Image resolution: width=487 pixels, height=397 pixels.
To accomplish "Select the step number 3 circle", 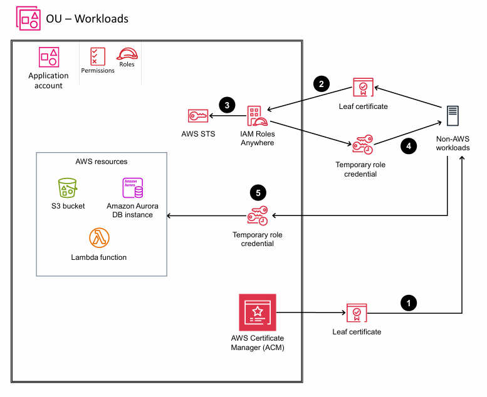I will [226, 104].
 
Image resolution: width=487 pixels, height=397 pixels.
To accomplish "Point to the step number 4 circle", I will [409, 147].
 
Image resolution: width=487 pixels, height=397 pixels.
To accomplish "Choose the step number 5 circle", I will [257, 192].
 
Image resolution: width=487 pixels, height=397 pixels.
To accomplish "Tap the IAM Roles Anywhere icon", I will [258, 116].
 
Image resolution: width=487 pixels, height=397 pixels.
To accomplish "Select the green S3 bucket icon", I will [67, 188].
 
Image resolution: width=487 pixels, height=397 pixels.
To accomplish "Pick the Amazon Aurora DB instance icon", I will [132, 188].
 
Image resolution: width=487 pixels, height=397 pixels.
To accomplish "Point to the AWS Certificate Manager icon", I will [257, 312].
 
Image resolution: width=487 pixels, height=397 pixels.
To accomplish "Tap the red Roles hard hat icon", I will [127, 54].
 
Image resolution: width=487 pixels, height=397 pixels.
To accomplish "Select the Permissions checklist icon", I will [97, 56].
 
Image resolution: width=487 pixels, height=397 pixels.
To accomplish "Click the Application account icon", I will [48, 58].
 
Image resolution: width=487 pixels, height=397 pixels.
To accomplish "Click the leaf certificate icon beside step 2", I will [363, 88].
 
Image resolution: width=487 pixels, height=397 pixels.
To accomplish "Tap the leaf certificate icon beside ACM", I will [357, 312].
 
